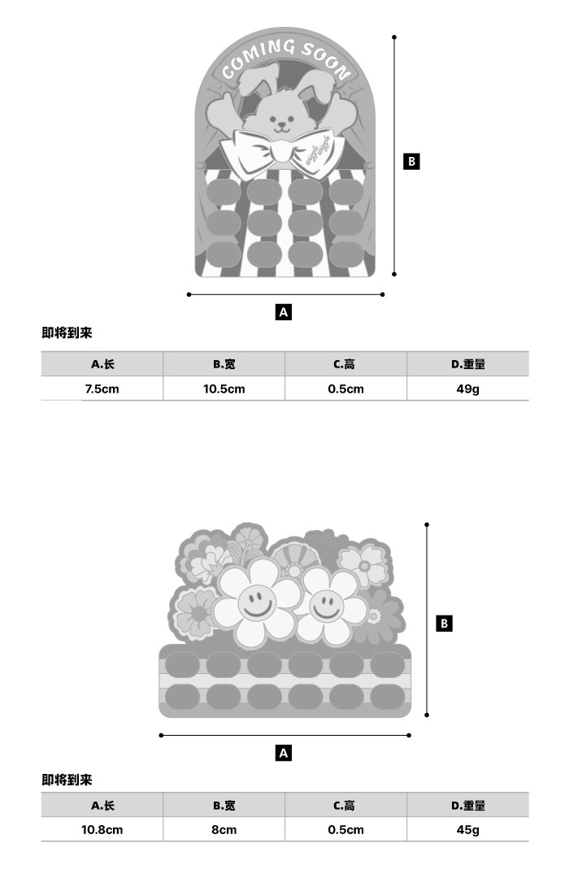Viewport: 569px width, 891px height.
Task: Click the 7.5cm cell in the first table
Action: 102,389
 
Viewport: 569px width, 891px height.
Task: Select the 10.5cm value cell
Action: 224,389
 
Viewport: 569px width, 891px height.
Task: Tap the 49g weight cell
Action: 467,389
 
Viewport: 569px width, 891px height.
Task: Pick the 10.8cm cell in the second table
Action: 102,829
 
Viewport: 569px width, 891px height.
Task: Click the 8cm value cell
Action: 224,829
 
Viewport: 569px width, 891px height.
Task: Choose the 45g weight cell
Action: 467,829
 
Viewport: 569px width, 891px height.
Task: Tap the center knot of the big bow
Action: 281,150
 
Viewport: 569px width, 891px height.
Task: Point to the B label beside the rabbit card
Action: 411,161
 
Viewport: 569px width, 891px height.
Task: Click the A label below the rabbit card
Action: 284,311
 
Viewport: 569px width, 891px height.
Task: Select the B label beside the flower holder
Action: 444,624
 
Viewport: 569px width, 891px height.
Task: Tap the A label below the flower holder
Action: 284,753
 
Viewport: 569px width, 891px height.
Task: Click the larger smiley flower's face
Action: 256,602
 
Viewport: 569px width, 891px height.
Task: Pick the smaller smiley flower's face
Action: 326,604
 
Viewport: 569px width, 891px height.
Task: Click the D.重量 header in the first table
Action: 467,364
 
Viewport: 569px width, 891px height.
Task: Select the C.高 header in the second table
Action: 345,805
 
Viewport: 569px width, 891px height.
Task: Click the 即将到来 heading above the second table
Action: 67,780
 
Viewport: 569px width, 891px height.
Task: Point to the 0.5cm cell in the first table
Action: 345,389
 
